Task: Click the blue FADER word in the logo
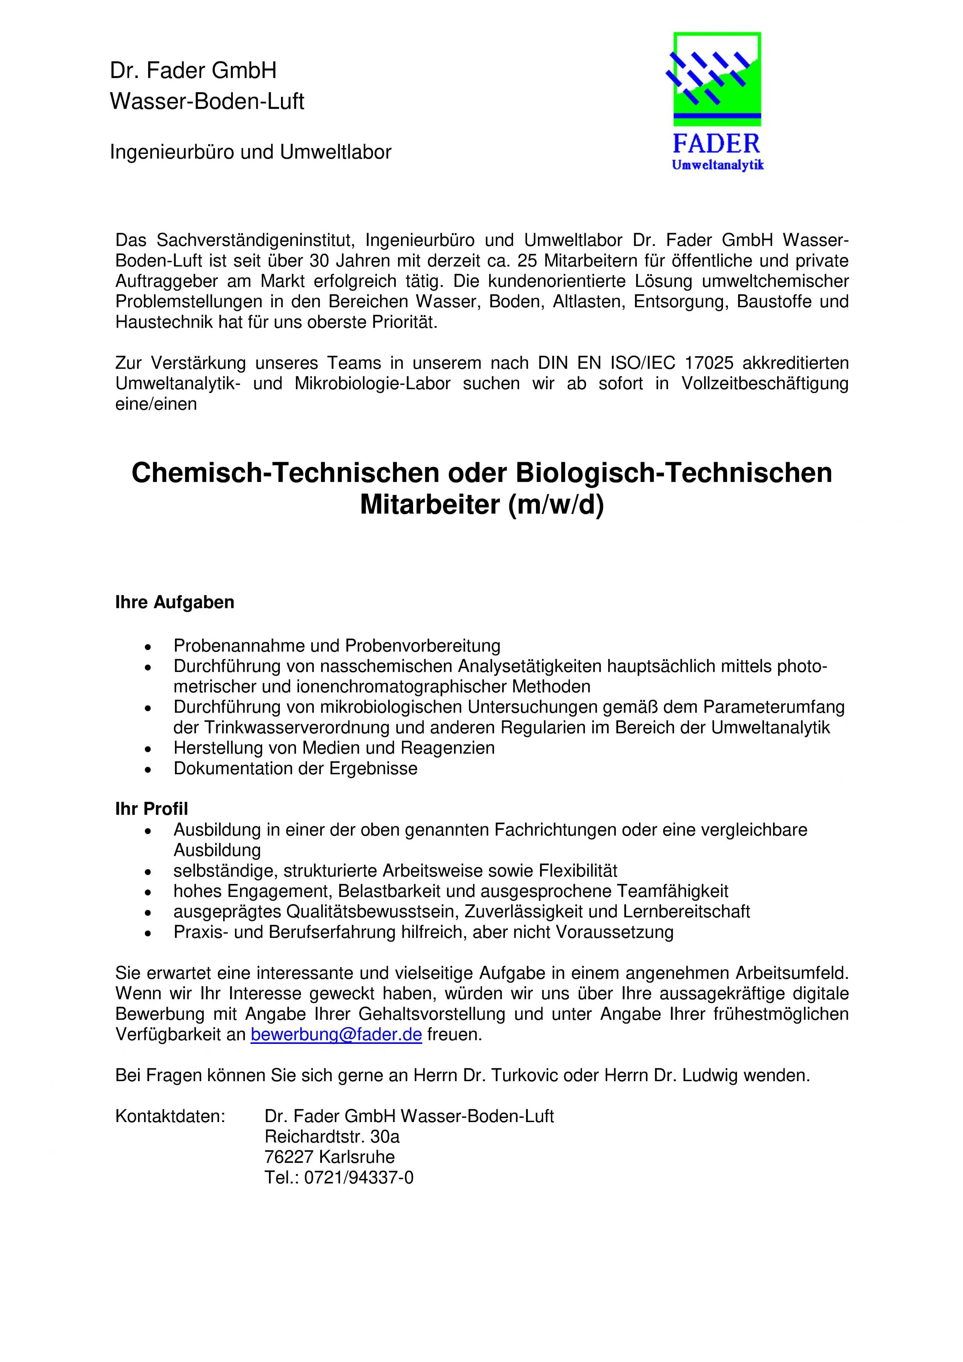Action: (x=716, y=144)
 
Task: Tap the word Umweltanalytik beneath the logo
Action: (x=717, y=165)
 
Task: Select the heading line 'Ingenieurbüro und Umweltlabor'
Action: (x=251, y=152)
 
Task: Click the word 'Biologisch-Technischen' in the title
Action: (x=673, y=473)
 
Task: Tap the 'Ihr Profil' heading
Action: (x=151, y=809)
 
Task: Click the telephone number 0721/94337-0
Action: (x=358, y=1177)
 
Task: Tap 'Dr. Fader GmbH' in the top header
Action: (x=193, y=71)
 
